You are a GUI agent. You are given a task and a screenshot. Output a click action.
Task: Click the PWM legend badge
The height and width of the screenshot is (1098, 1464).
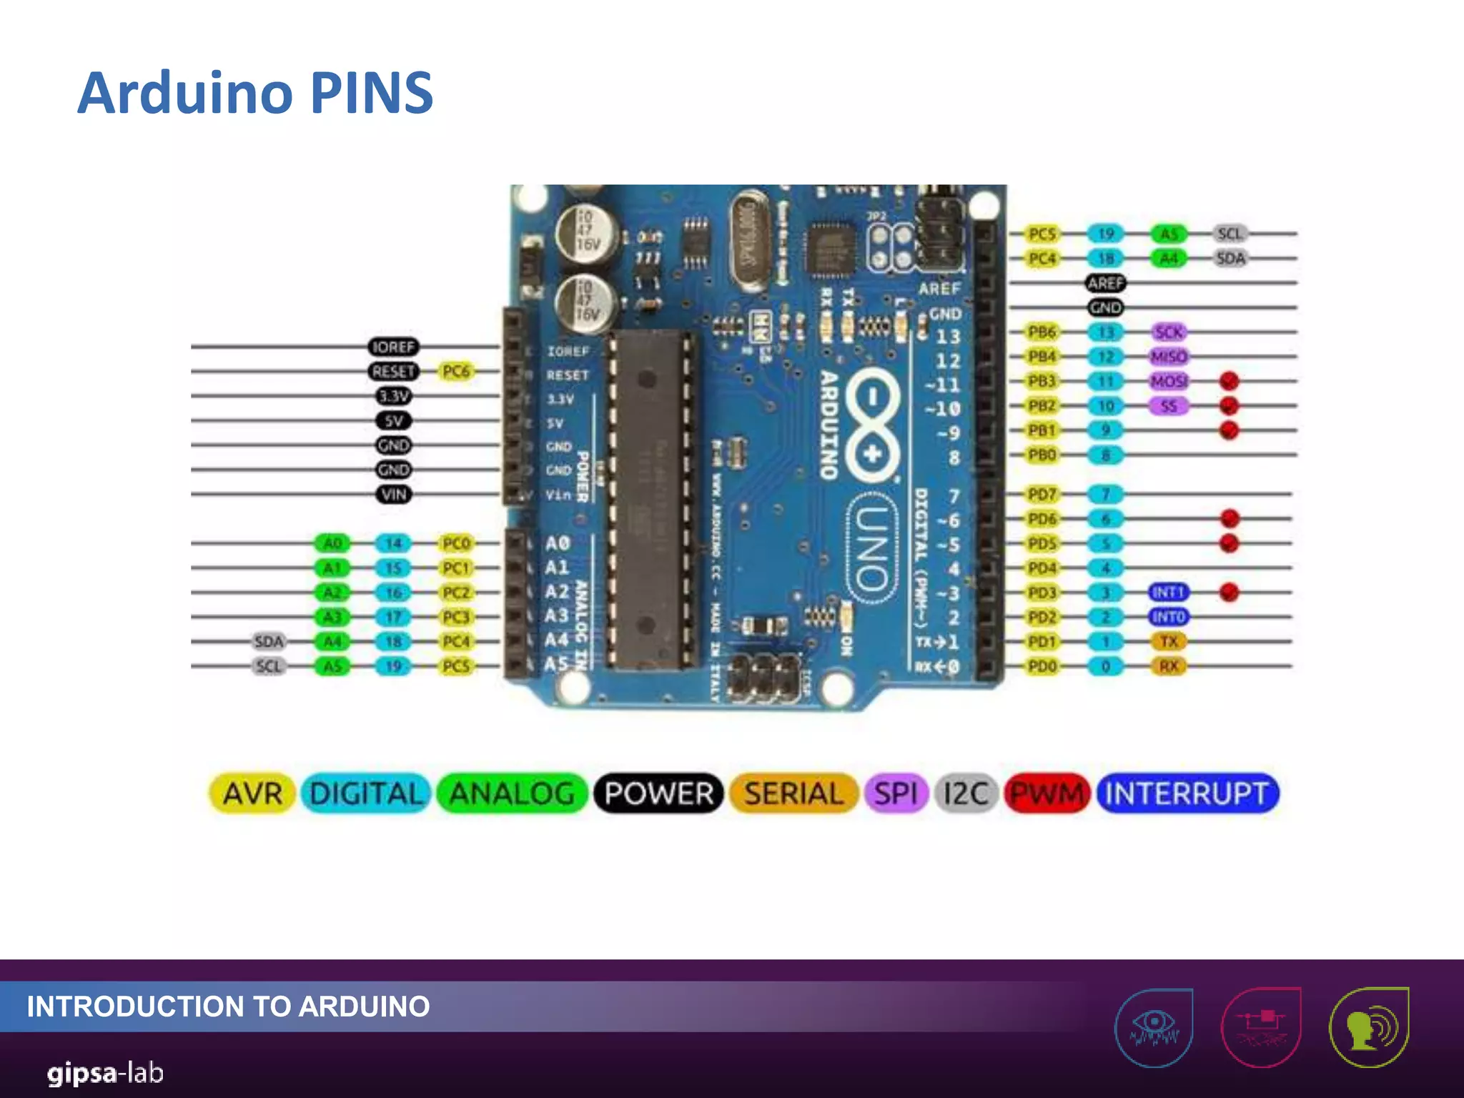pyautogui.click(x=1047, y=793)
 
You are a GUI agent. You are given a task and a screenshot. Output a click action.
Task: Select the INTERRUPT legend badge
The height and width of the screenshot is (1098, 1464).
pyautogui.click(x=1187, y=793)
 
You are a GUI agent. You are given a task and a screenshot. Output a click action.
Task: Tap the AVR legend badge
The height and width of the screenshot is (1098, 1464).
pyautogui.click(x=252, y=793)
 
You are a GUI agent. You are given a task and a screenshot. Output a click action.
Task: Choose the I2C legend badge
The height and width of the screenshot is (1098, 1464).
pyautogui.click(x=966, y=793)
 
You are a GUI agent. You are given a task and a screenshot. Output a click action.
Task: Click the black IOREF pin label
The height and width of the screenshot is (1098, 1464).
pyautogui.click(x=393, y=347)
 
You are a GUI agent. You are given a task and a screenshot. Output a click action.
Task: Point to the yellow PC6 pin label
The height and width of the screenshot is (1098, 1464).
pyautogui.click(x=456, y=371)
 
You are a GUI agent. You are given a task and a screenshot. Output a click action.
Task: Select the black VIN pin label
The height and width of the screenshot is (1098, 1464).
pyautogui.click(x=394, y=494)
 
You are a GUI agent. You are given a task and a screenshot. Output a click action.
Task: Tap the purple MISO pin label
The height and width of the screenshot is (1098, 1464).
pyautogui.click(x=1169, y=356)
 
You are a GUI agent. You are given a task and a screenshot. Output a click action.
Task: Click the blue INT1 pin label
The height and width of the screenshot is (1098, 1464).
pyautogui.click(x=1169, y=592)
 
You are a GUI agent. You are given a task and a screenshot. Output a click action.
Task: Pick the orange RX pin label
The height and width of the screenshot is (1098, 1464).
pyautogui.click(x=1169, y=666)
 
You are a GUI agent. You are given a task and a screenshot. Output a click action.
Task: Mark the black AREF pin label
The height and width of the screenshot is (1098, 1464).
pyautogui.click(x=1105, y=283)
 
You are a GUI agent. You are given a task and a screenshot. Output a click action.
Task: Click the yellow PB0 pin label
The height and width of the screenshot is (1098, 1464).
pyautogui.click(x=1042, y=455)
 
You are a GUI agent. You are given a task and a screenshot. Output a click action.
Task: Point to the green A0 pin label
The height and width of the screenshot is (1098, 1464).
pyautogui.click(x=332, y=543)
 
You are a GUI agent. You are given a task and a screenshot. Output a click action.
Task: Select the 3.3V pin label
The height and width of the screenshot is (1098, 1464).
pyautogui.click(x=394, y=396)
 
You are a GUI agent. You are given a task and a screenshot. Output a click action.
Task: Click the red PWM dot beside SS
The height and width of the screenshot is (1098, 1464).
pyautogui.click(x=1229, y=405)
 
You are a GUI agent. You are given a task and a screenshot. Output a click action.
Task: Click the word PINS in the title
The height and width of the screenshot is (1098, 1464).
pyautogui.click(x=372, y=93)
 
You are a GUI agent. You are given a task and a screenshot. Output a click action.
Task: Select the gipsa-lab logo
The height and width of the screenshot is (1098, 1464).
pyautogui.click(x=105, y=1073)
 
